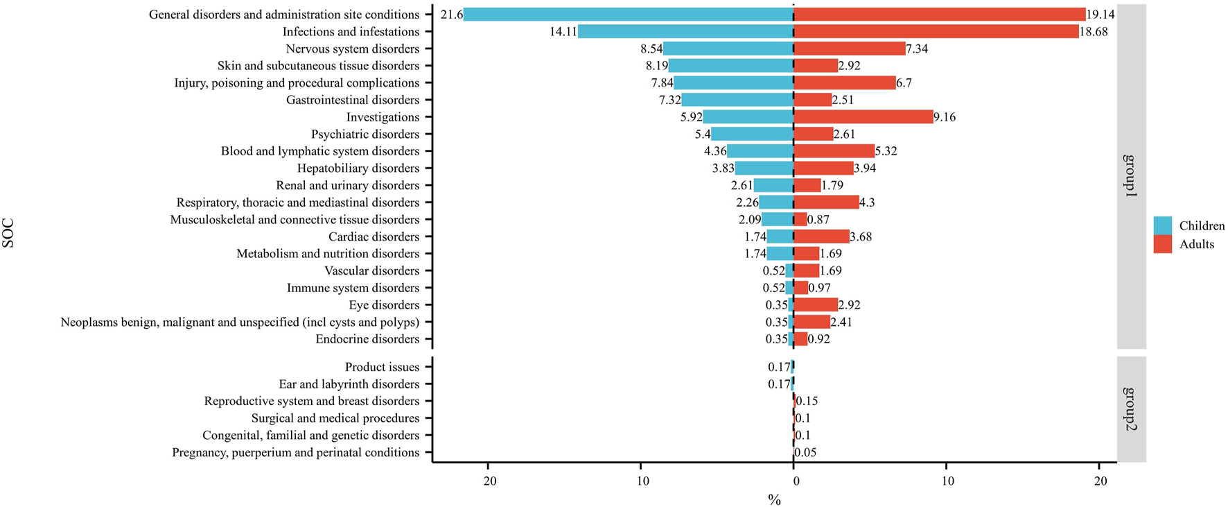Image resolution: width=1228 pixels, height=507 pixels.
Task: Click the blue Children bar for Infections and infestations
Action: click(x=685, y=31)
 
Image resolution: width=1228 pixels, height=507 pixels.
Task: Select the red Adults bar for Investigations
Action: click(x=863, y=117)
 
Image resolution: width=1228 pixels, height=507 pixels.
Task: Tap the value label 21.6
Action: click(x=451, y=15)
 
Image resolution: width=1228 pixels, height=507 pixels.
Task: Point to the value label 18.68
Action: click(x=1093, y=31)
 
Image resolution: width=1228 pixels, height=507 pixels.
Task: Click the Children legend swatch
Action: click(x=1162, y=225)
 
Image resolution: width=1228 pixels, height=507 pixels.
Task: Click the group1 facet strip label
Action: click(x=1131, y=176)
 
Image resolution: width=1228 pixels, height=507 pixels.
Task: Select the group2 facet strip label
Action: click(x=1131, y=409)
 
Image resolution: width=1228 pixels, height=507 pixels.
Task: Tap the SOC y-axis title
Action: click(x=8, y=233)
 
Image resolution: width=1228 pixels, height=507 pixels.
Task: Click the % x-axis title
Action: click(x=774, y=500)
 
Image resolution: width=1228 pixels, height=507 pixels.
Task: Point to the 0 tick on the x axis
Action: click(x=794, y=481)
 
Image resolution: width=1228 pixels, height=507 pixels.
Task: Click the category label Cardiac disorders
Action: click(x=374, y=237)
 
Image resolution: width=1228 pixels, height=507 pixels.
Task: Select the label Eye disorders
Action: click(x=384, y=304)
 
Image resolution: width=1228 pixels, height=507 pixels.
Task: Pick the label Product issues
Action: click(x=382, y=367)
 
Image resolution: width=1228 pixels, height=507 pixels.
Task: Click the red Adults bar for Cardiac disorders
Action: click(x=821, y=237)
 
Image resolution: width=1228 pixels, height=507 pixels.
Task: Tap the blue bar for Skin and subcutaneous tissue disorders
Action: click(x=731, y=65)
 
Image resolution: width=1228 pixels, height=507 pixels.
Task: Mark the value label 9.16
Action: click(x=944, y=117)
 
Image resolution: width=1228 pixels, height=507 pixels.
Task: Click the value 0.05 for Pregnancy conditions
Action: click(x=805, y=452)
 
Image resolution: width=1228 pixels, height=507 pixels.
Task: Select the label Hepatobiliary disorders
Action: click(x=358, y=168)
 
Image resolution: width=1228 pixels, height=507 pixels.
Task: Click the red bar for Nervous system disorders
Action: click(x=850, y=49)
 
